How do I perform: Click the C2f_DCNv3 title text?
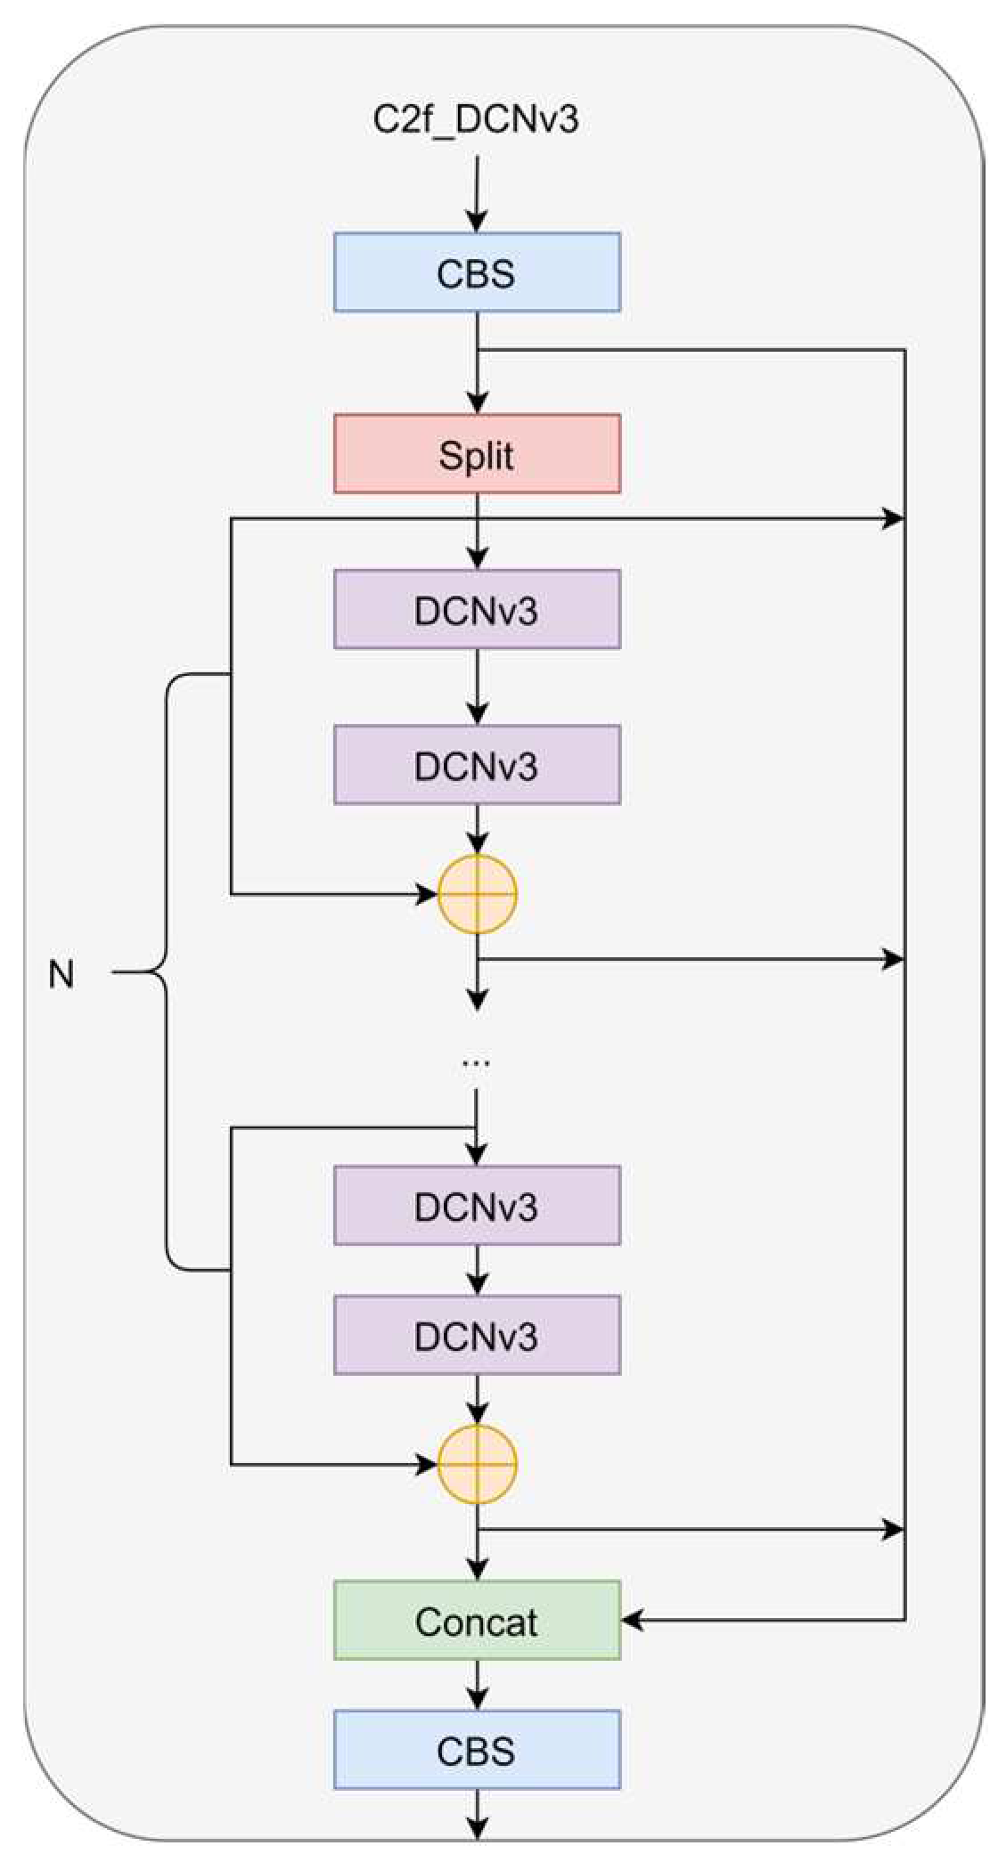[x=476, y=119]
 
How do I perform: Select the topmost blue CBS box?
[x=477, y=272]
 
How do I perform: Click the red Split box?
[x=477, y=454]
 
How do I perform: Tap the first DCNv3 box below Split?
[x=477, y=610]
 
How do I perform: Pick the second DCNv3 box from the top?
[x=477, y=766]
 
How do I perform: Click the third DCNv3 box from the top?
[x=477, y=1206]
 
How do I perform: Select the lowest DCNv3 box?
[x=477, y=1336]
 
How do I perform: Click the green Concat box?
[x=477, y=1621]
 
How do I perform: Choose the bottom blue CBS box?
[x=477, y=1751]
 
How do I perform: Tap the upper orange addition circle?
[x=478, y=894]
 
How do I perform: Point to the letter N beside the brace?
[x=61, y=975]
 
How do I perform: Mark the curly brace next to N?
[x=166, y=972]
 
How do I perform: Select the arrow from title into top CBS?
[x=478, y=196]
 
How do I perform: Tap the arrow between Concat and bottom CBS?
[x=478, y=1686]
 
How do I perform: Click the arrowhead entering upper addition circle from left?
[x=426, y=894]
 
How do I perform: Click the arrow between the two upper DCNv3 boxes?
[x=478, y=687]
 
